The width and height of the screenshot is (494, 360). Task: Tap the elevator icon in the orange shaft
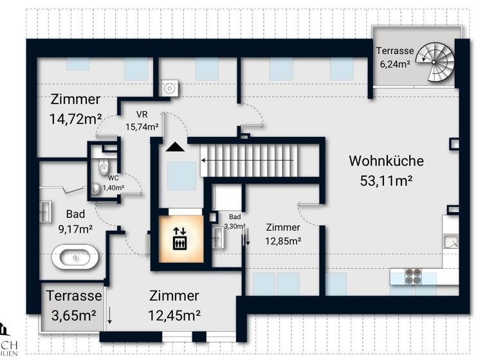pyautogui.click(x=181, y=239)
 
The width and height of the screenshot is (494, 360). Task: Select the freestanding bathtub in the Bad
pyautogui.click(x=75, y=258)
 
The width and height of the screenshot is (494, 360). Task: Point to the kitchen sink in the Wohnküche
pyautogui.click(x=452, y=242)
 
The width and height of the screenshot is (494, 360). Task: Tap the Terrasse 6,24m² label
pyautogui.click(x=394, y=57)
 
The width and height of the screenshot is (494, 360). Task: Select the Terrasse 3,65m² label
pyautogui.click(x=73, y=306)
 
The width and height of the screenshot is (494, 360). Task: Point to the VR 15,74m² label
pyautogui.click(x=142, y=121)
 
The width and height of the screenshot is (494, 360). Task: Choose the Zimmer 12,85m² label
pyautogui.click(x=283, y=235)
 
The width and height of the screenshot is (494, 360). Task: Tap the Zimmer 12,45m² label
pyautogui.click(x=174, y=305)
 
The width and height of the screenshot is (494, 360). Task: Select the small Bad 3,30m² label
pyautogui.click(x=234, y=222)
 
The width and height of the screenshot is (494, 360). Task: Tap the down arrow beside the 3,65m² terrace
pyautogui.click(x=110, y=315)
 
